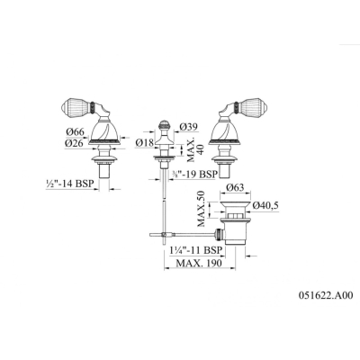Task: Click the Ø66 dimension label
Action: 75,132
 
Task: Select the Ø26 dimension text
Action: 75,143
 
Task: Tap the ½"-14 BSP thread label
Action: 70,183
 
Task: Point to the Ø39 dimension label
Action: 188,128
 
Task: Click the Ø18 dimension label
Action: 145,143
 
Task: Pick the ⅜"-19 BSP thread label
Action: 194,174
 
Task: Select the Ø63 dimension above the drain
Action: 235,188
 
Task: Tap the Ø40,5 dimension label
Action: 265,205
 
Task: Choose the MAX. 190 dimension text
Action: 199,263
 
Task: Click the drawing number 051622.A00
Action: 326,295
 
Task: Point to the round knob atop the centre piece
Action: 163,125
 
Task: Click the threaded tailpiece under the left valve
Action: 104,171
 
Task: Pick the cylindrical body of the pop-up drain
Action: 235,231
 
